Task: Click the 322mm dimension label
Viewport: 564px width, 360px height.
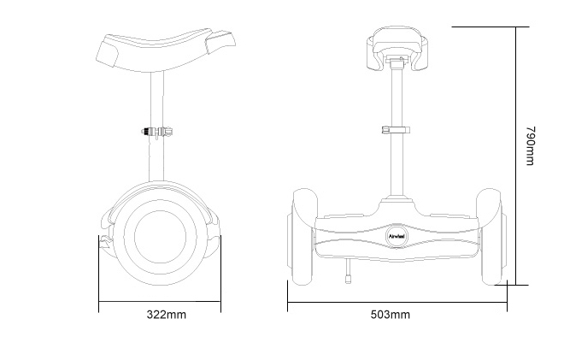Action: (x=166, y=315)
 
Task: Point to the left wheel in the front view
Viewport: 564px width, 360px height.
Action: (x=303, y=236)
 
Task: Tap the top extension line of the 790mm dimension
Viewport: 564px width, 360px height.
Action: (x=483, y=27)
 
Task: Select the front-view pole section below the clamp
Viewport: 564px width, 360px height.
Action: (x=397, y=167)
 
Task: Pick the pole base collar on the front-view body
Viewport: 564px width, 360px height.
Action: (x=397, y=200)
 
